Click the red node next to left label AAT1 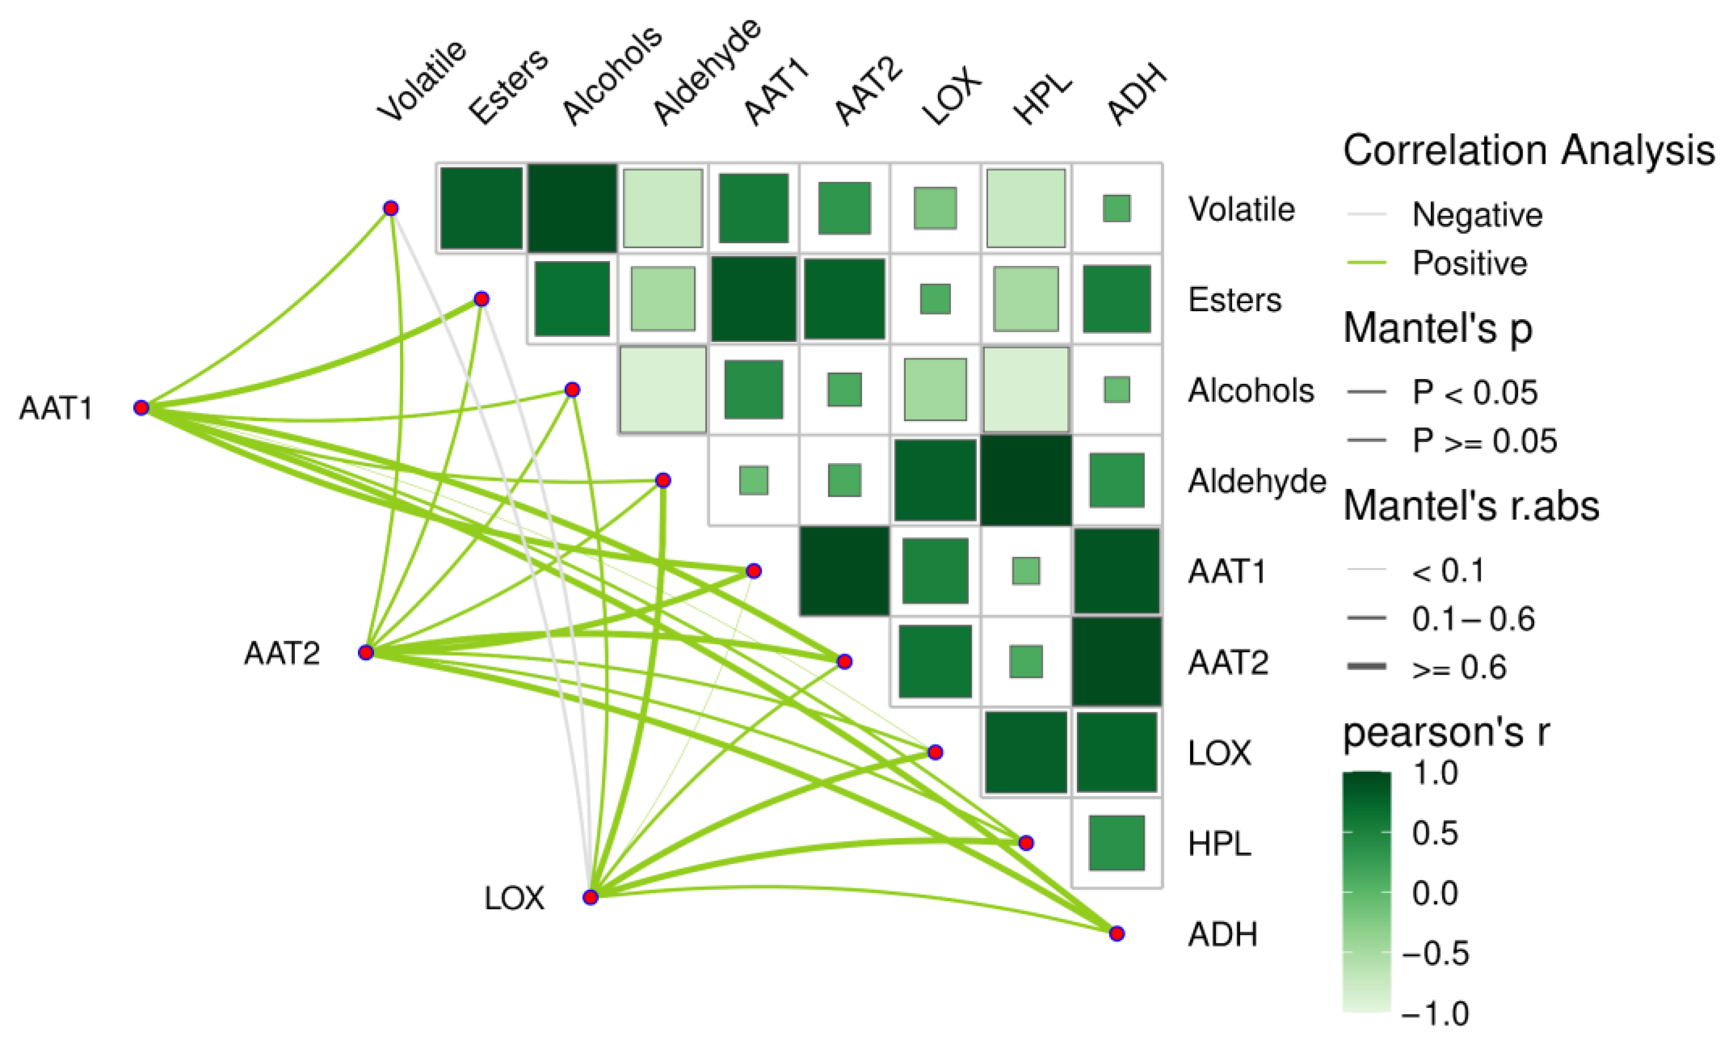point(142,408)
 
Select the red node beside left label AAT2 point(365,653)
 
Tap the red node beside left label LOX point(590,897)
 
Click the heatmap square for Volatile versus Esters point(481,208)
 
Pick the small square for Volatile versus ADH point(1117,208)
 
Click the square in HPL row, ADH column point(1117,843)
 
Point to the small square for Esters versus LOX point(935,299)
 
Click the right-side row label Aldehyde point(1257,481)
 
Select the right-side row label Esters point(1234,300)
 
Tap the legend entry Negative point(1477,214)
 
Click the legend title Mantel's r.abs point(1471,506)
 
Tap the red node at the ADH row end point(1117,933)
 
